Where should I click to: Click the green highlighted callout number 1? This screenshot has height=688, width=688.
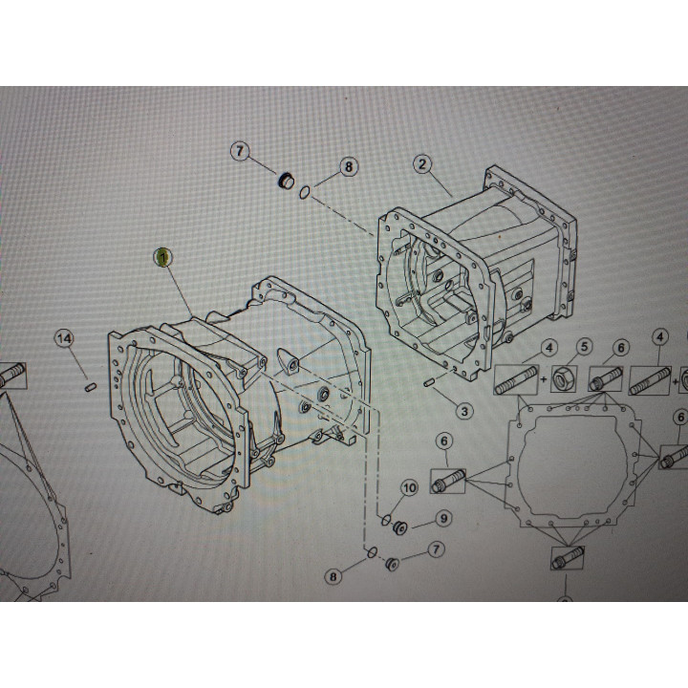tap(162, 258)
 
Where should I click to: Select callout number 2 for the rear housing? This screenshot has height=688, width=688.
tap(422, 164)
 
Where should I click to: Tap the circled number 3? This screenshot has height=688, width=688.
tap(464, 411)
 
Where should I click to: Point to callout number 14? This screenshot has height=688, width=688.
tap(64, 338)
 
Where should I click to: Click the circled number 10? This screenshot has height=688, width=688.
tap(409, 488)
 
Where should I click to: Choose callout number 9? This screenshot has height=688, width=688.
tap(444, 519)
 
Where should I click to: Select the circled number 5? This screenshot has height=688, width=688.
tap(584, 347)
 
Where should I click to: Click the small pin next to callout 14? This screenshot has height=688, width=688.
tap(90, 387)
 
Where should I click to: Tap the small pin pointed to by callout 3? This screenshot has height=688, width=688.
tap(429, 383)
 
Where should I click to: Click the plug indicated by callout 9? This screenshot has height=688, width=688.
tap(400, 527)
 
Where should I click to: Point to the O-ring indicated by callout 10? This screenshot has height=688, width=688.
tap(386, 521)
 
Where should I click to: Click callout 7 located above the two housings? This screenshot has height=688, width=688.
tap(240, 151)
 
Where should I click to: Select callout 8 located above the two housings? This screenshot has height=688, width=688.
tap(349, 166)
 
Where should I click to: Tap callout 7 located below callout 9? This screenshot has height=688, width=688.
tap(436, 548)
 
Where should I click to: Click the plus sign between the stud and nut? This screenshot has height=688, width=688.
tap(544, 379)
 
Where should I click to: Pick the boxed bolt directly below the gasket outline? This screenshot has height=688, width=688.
tap(568, 558)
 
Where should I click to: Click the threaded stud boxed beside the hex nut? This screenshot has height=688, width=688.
tap(516, 379)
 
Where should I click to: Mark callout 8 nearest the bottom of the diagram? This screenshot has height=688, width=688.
tap(333, 576)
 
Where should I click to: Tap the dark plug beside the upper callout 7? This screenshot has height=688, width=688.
tap(286, 180)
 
